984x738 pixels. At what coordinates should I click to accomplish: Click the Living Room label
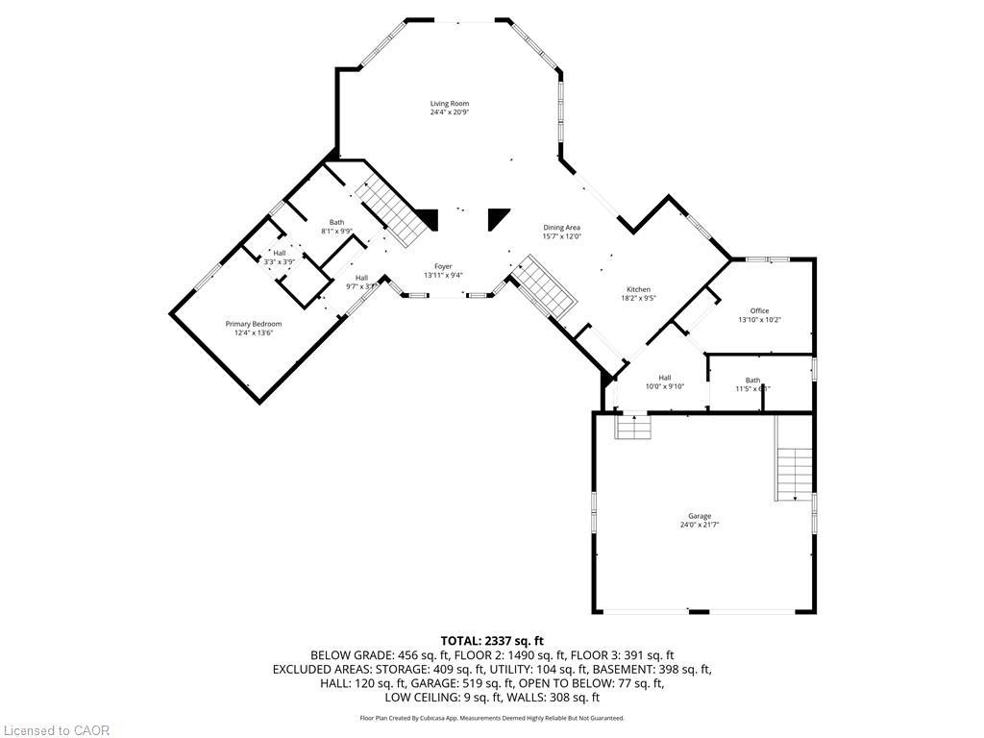click(449, 104)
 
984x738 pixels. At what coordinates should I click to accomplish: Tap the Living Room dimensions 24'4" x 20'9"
click(449, 112)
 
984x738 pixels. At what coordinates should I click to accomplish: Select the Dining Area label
click(561, 228)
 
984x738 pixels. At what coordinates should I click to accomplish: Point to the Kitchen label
click(639, 289)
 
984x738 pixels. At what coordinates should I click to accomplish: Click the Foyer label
click(443, 266)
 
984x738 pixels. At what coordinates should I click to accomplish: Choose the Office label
click(759, 310)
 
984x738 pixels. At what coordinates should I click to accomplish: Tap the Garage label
click(699, 516)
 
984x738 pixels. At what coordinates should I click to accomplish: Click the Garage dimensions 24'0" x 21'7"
click(699, 525)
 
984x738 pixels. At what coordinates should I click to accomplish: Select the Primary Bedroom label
click(254, 324)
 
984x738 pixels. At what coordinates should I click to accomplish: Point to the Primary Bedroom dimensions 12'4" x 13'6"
click(254, 332)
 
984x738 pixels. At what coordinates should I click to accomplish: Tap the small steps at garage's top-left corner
click(633, 426)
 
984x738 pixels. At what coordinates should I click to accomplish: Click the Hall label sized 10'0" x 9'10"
click(665, 378)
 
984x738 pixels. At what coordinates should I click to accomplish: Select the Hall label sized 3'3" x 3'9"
click(279, 253)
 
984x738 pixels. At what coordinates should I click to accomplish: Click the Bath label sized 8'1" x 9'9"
click(336, 222)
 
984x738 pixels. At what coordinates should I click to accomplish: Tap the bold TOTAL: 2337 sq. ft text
click(492, 640)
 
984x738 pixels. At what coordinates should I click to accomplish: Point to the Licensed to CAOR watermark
click(56, 730)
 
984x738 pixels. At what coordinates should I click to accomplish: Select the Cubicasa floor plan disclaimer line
click(492, 718)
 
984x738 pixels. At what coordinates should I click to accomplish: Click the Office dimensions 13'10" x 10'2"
click(759, 319)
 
